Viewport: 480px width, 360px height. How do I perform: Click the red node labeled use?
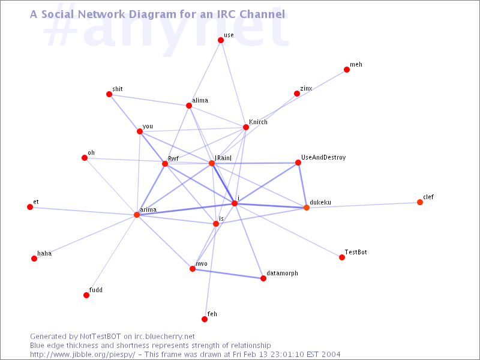tap(221, 40)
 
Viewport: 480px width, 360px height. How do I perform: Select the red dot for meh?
tap(347, 70)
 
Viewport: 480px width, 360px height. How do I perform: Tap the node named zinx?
tap(296, 94)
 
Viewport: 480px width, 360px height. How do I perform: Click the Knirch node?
tap(246, 127)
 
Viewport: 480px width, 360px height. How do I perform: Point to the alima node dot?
tap(189, 106)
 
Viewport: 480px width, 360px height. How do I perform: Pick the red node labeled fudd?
tap(86, 295)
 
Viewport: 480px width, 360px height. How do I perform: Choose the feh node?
tap(205, 319)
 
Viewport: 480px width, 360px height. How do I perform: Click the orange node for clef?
tap(420, 202)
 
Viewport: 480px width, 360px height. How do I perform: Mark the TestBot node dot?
tap(342, 257)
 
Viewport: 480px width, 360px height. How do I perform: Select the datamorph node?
tap(263, 278)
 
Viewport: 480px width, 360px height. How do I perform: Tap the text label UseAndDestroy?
tap(323, 157)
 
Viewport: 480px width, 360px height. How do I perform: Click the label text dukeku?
tap(320, 202)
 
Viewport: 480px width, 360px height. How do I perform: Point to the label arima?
tap(148, 209)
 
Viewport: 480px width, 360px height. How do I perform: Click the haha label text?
tap(44, 253)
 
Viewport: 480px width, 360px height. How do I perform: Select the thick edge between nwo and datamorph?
tap(228, 274)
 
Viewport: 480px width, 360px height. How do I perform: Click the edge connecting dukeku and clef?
tap(363, 205)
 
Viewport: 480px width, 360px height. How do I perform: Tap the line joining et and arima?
tap(83, 211)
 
